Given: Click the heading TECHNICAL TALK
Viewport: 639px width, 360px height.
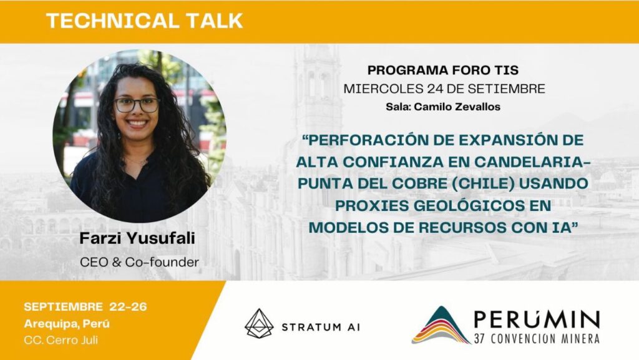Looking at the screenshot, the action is click(x=144, y=21).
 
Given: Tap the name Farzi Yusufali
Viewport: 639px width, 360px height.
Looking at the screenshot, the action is click(x=137, y=238).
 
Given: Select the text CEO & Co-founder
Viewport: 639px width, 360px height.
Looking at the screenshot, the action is click(x=139, y=262).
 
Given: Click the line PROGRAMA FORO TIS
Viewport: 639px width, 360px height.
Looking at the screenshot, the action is click(x=443, y=70).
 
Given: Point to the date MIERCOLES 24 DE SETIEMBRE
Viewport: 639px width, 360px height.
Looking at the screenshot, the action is click(x=444, y=89).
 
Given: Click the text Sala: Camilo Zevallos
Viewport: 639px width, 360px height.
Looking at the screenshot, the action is click(x=443, y=107).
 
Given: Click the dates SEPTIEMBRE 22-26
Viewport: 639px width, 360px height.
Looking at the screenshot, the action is click(x=85, y=306).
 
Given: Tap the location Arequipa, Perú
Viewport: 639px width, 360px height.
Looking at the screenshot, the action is click(x=67, y=324).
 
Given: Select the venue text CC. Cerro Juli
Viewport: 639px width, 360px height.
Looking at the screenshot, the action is click(x=61, y=340).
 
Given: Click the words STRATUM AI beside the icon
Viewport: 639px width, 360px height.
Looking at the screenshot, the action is click(x=321, y=327).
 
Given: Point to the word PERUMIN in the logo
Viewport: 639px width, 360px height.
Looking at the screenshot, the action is click(x=537, y=320).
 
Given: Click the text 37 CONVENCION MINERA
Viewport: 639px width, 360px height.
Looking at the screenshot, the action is click(x=537, y=338).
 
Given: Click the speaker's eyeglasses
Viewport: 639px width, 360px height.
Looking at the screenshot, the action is click(x=137, y=105).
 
